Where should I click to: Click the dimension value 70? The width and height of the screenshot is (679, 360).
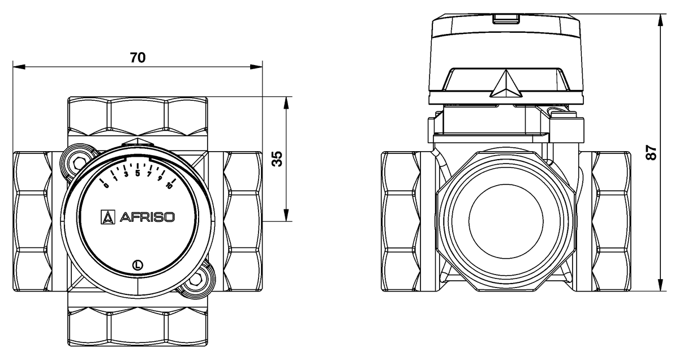pos(137,58)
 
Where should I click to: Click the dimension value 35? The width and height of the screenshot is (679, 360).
pos(277,159)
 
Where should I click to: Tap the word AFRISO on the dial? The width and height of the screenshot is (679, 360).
pos(146,216)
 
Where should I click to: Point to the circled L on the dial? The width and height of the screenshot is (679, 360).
pos(137,263)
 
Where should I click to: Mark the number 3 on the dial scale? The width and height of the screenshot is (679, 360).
pos(126,174)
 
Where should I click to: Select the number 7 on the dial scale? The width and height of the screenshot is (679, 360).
pos(149,174)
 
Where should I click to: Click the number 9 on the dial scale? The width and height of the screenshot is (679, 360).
pos(160,178)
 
